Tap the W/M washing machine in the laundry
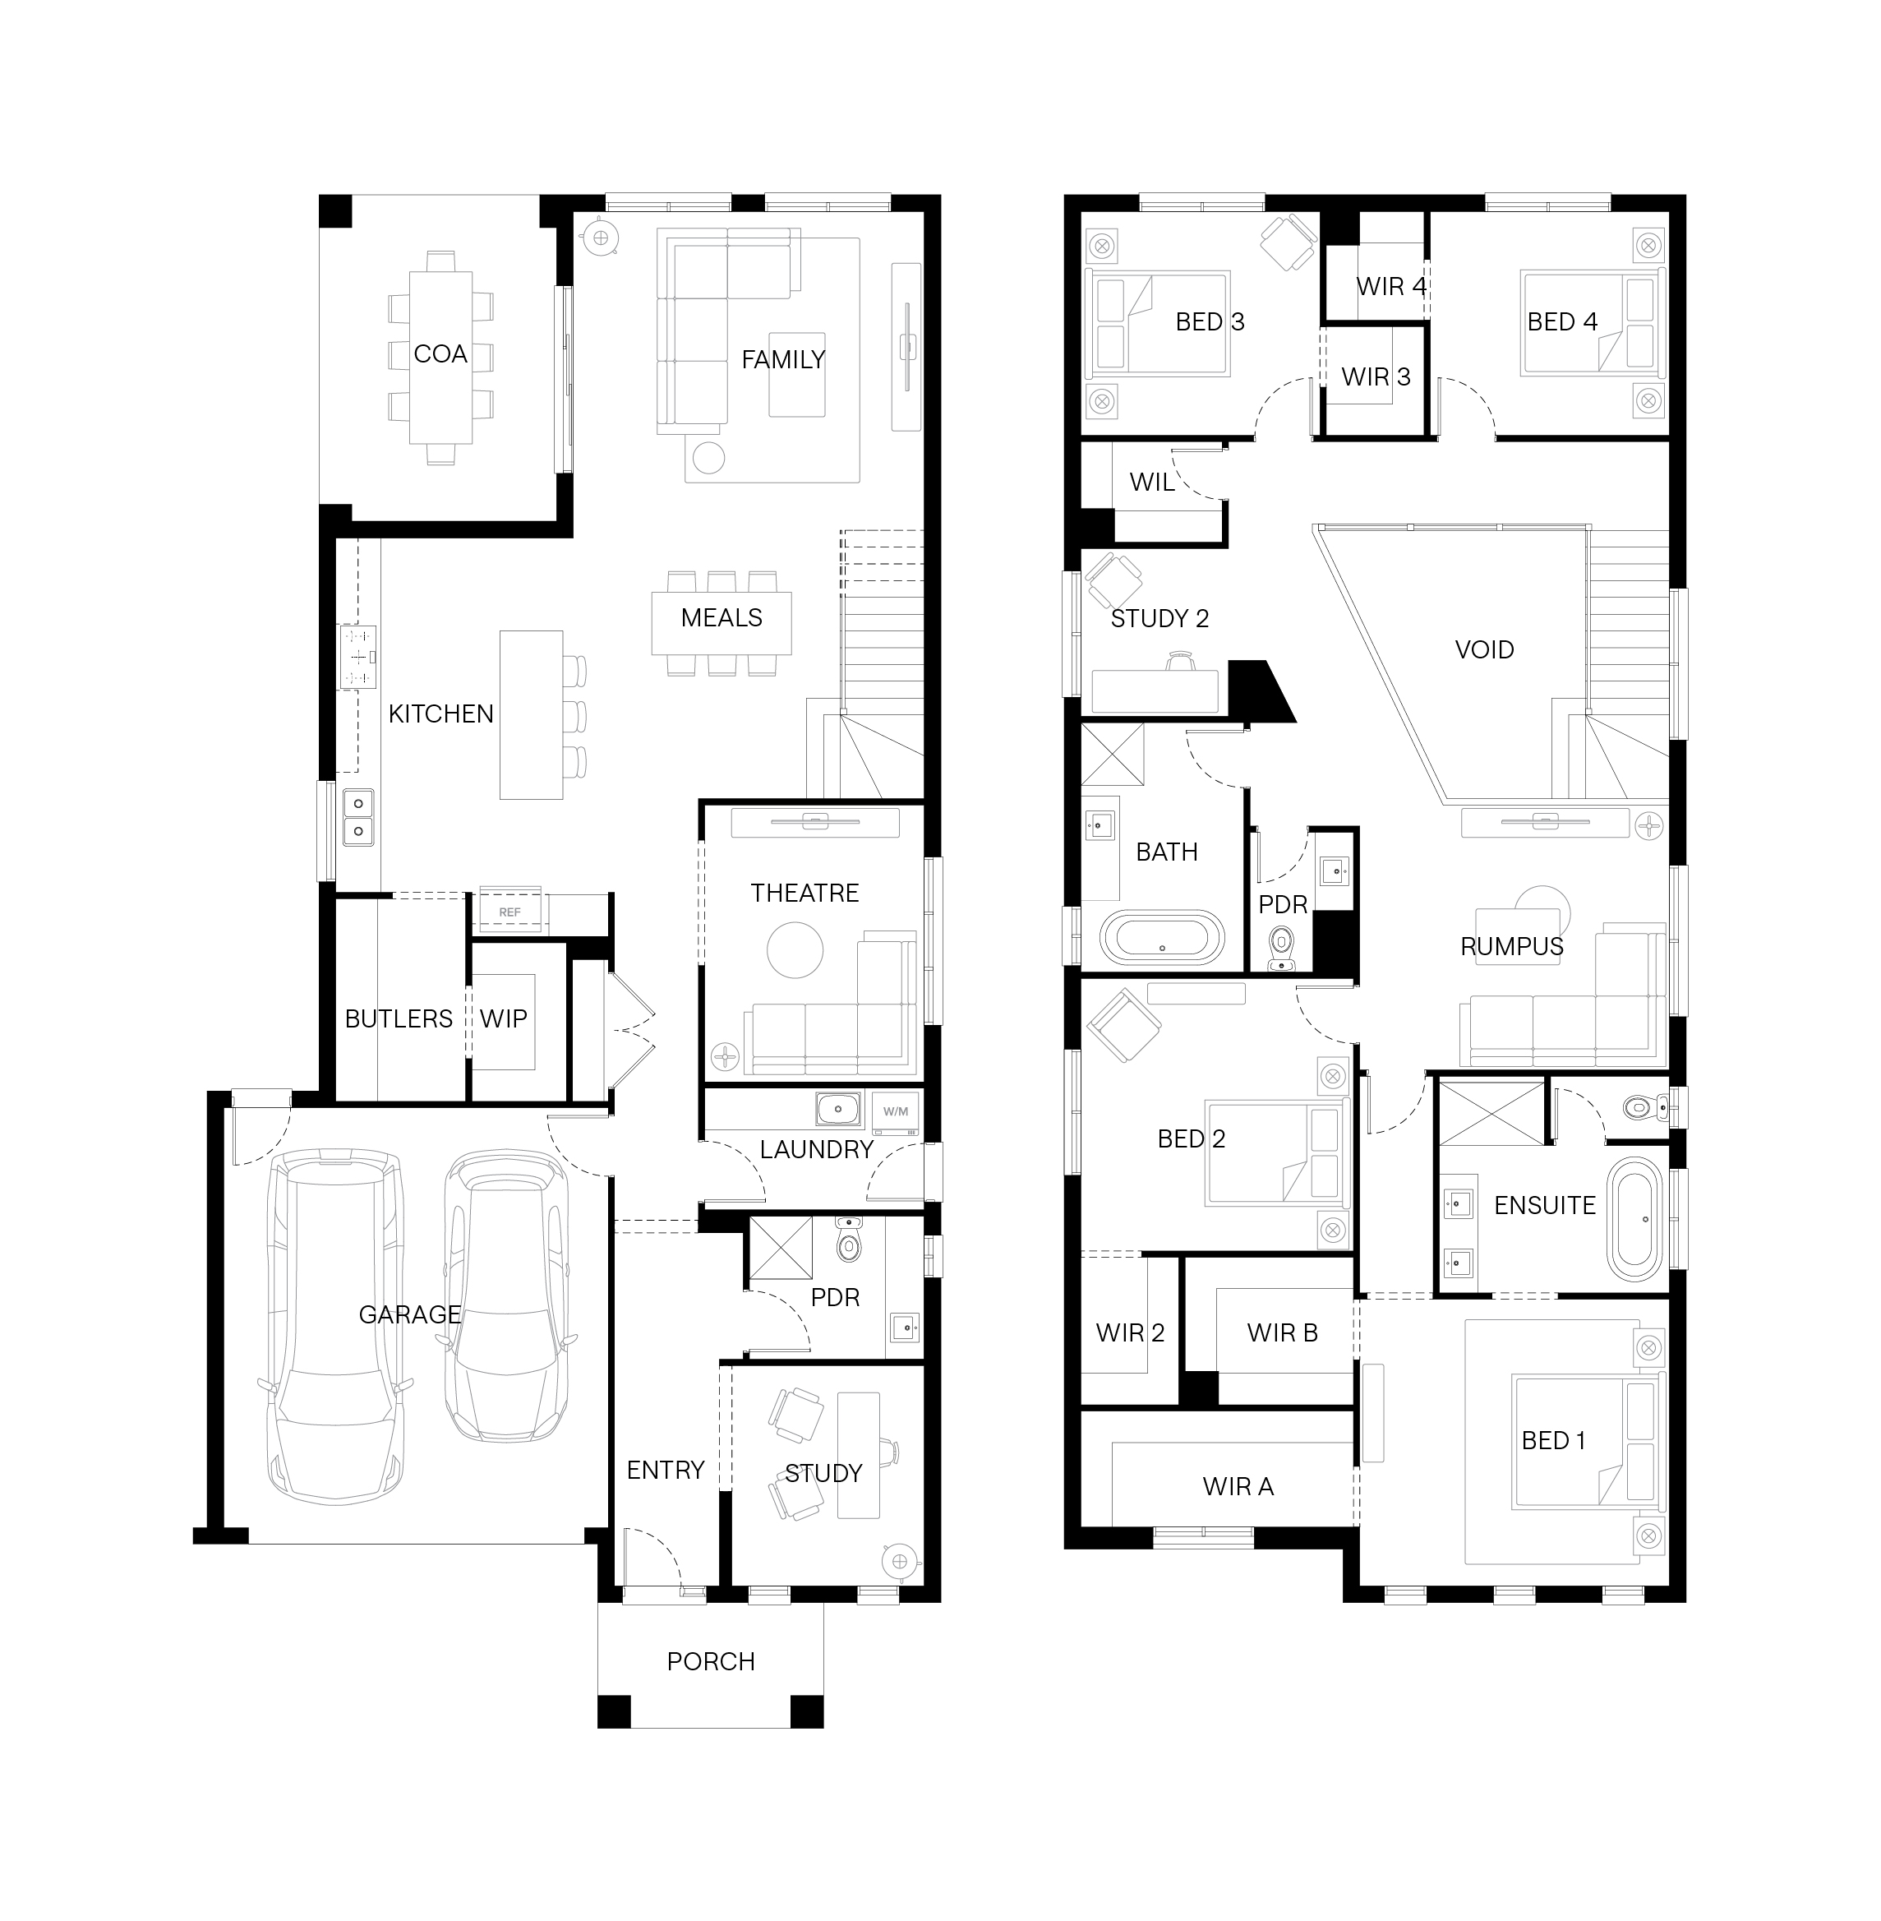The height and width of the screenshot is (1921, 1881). (x=895, y=1111)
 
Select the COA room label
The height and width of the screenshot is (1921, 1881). (x=440, y=353)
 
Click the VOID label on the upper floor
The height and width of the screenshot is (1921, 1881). (x=1484, y=649)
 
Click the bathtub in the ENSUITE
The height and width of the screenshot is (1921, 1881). (x=1636, y=1219)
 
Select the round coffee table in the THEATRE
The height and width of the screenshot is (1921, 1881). (x=795, y=949)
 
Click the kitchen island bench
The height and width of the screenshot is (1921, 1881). (x=531, y=714)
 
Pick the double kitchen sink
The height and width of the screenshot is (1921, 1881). (x=357, y=816)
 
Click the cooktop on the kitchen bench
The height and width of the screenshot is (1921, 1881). (x=357, y=657)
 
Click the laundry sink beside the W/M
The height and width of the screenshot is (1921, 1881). (x=837, y=1110)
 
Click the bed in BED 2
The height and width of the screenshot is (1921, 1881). (x=1277, y=1153)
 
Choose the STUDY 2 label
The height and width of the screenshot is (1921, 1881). (x=1159, y=619)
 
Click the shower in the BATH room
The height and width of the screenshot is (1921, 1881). (x=1113, y=754)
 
